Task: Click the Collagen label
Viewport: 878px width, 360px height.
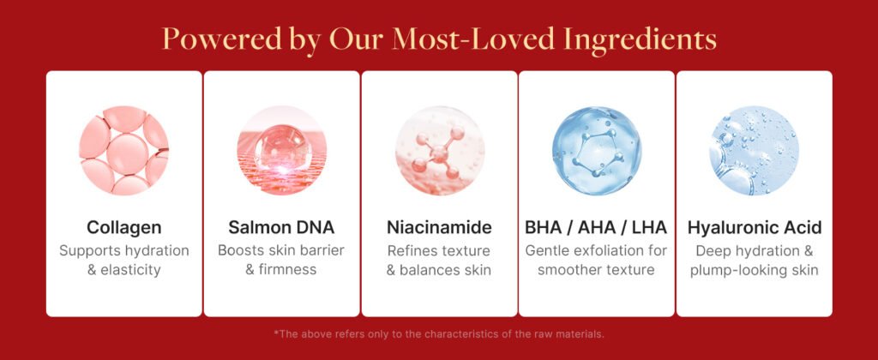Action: (123, 228)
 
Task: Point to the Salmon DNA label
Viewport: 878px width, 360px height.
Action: (281, 227)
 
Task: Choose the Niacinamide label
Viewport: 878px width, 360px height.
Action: (439, 227)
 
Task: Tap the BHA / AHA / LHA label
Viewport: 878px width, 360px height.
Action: (596, 227)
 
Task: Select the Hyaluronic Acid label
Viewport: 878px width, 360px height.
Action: (755, 228)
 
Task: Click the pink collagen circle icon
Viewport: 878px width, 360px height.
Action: (123, 151)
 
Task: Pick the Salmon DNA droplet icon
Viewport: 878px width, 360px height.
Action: (281, 151)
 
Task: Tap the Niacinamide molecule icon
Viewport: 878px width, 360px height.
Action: (440, 151)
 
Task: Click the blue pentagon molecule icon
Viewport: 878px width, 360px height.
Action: (597, 151)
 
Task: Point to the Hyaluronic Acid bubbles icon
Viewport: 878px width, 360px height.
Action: (755, 151)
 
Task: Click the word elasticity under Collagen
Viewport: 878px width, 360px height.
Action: (130, 270)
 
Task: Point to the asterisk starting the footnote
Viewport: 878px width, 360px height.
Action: (276, 333)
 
